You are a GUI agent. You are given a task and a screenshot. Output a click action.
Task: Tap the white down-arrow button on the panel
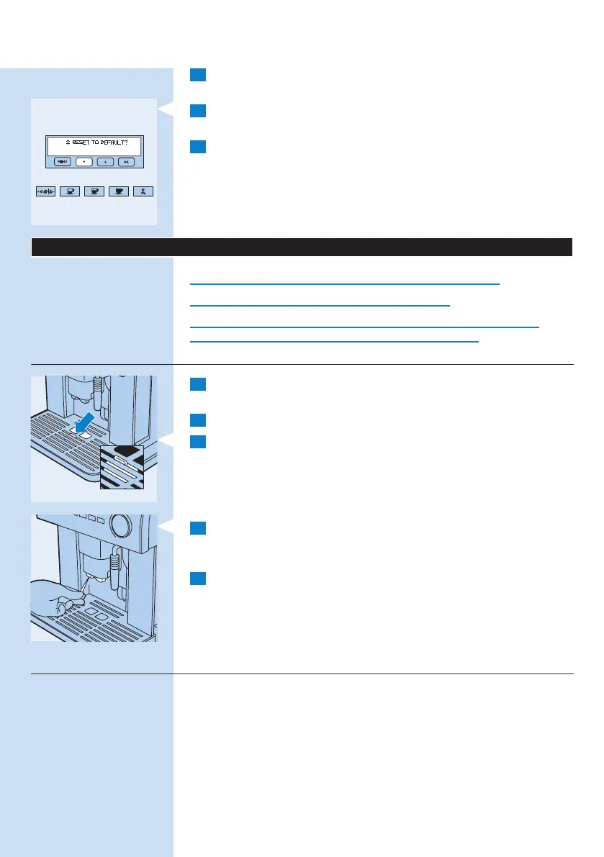[x=84, y=162]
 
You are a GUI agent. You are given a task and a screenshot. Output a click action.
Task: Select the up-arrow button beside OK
[x=105, y=162]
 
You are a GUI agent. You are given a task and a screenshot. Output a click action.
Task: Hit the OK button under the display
[x=126, y=162]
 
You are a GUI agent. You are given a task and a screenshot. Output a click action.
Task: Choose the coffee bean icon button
[x=45, y=193]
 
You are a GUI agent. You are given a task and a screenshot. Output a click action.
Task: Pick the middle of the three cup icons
[x=94, y=193]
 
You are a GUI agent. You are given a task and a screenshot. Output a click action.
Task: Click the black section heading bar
[x=302, y=246]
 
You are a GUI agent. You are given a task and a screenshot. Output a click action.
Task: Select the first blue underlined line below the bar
[x=345, y=284]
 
